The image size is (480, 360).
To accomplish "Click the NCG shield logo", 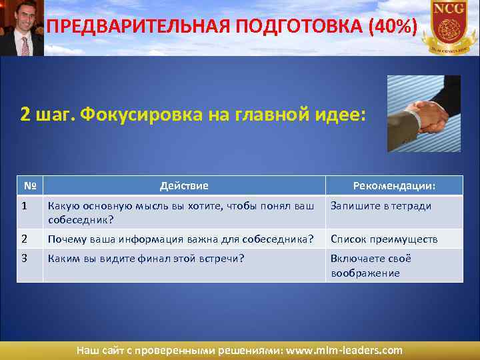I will tap(448, 27).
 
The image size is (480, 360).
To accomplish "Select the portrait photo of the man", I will tap(21, 27).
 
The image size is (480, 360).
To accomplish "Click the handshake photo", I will tap(423, 113).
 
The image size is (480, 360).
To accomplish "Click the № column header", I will tap(29, 186).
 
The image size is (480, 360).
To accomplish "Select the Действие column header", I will tap(184, 186).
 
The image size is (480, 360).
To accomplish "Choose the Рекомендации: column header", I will tap(394, 186).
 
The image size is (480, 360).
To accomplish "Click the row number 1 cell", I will tap(25, 206).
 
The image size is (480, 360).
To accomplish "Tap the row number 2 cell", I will tap(25, 239).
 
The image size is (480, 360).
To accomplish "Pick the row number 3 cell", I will tap(25, 259).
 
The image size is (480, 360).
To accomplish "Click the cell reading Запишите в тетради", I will tap(381, 206).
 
